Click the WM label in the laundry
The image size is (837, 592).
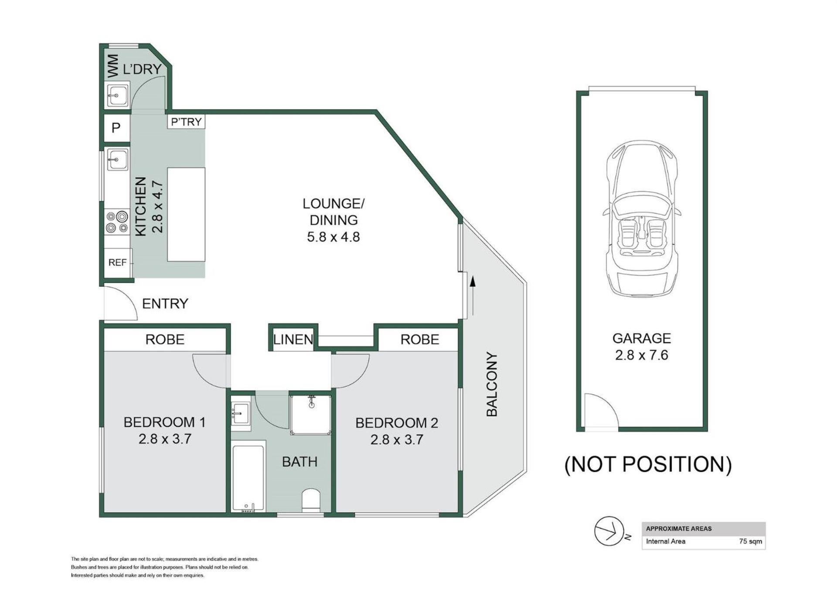pyautogui.click(x=112, y=66)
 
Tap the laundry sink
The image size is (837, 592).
pyautogui.click(x=117, y=95)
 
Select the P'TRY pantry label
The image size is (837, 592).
pyautogui.click(x=186, y=122)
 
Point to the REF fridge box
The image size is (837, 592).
pyautogui.click(x=117, y=262)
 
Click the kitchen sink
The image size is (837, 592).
pyautogui.click(x=117, y=160)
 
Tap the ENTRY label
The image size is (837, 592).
pyautogui.click(x=165, y=303)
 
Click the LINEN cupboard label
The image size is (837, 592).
pyautogui.click(x=293, y=339)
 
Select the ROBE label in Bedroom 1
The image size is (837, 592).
pyautogui.click(x=165, y=339)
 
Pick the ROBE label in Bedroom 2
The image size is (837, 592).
pyautogui.click(x=420, y=339)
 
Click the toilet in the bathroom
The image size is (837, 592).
pyautogui.click(x=311, y=500)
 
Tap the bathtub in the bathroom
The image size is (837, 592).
pyautogui.click(x=248, y=478)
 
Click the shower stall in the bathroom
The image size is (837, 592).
pyautogui.click(x=311, y=415)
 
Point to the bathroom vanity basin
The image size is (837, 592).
pyautogui.click(x=240, y=412)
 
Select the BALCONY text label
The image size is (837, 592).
pyautogui.click(x=491, y=384)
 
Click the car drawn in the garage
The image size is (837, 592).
pyautogui.click(x=642, y=220)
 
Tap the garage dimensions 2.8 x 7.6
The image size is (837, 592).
pyautogui.click(x=641, y=355)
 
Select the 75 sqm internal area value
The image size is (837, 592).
pyautogui.click(x=750, y=541)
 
